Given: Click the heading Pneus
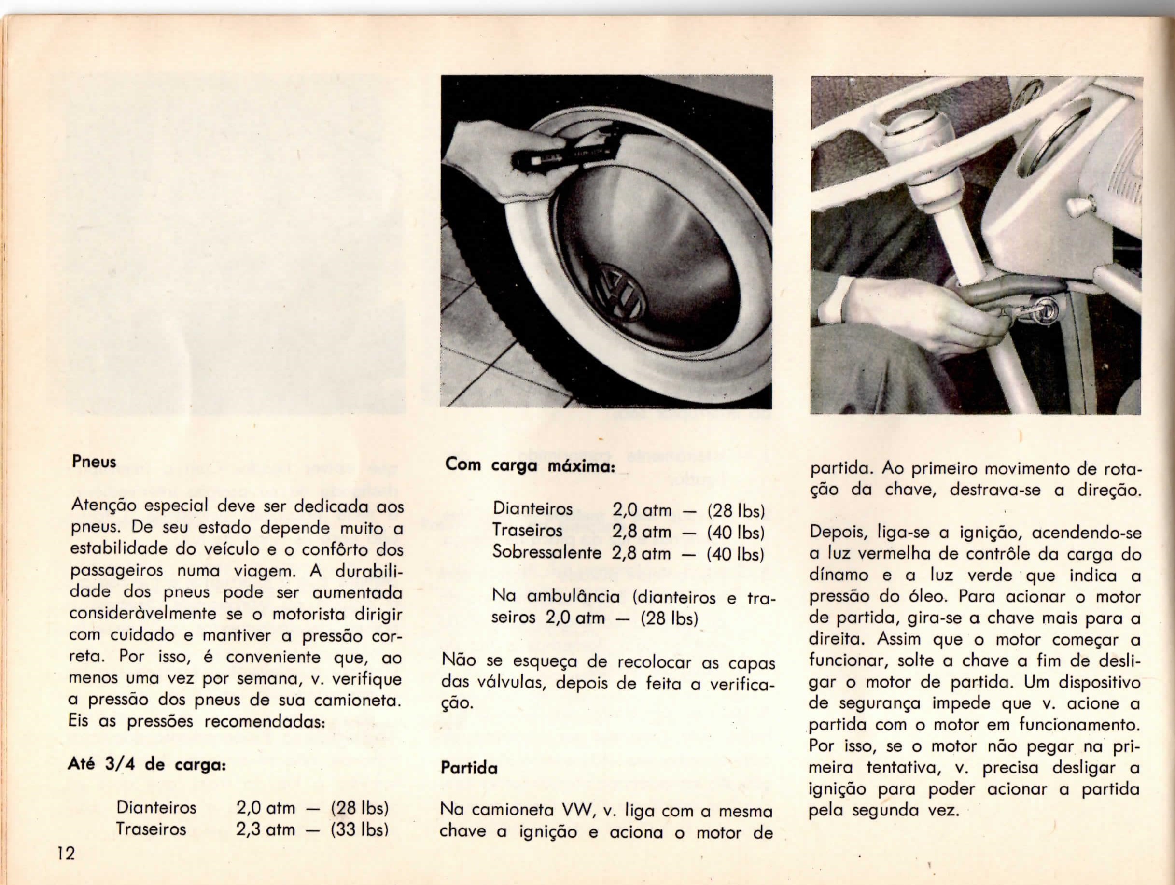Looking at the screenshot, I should coord(94,461).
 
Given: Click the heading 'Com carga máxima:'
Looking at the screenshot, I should coord(530,465).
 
